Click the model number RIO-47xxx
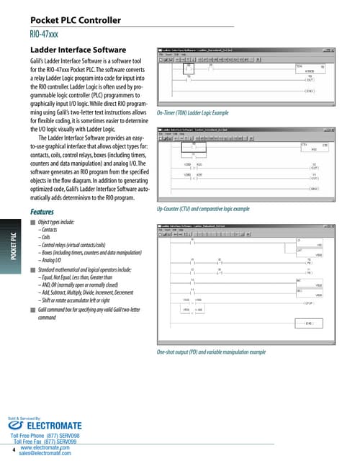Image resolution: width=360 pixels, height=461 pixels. pos(45,33)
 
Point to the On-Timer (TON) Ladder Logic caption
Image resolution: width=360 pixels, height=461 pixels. pos(192,114)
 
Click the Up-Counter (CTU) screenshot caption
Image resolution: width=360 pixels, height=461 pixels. pos(203,208)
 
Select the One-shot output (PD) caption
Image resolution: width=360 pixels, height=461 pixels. pos(211,352)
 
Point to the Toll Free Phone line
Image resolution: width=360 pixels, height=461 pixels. pos(50,437)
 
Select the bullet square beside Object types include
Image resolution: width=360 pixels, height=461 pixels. pos(33,223)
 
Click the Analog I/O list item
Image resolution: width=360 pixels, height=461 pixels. pos(56,260)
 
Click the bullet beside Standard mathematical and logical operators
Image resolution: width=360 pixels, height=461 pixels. pos(33,269)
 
